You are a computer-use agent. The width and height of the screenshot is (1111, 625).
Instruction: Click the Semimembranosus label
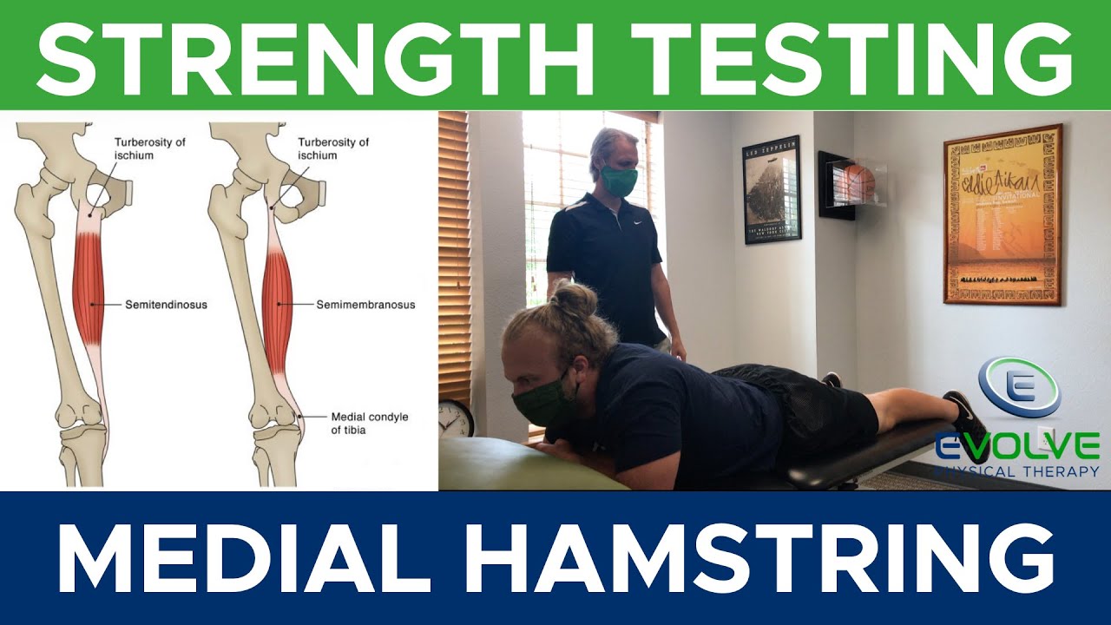tap(365, 305)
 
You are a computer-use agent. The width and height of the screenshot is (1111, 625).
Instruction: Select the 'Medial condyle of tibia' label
tap(370, 423)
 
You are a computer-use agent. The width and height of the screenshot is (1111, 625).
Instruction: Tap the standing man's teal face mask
tap(618, 180)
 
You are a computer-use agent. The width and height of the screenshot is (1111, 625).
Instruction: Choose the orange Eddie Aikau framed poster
tap(1003, 214)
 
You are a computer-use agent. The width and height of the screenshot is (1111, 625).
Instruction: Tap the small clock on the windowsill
tap(456, 418)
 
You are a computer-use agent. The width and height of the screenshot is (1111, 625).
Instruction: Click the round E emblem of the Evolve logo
tap(1019, 387)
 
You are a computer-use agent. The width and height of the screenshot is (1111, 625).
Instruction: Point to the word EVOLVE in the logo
tap(1016, 446)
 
